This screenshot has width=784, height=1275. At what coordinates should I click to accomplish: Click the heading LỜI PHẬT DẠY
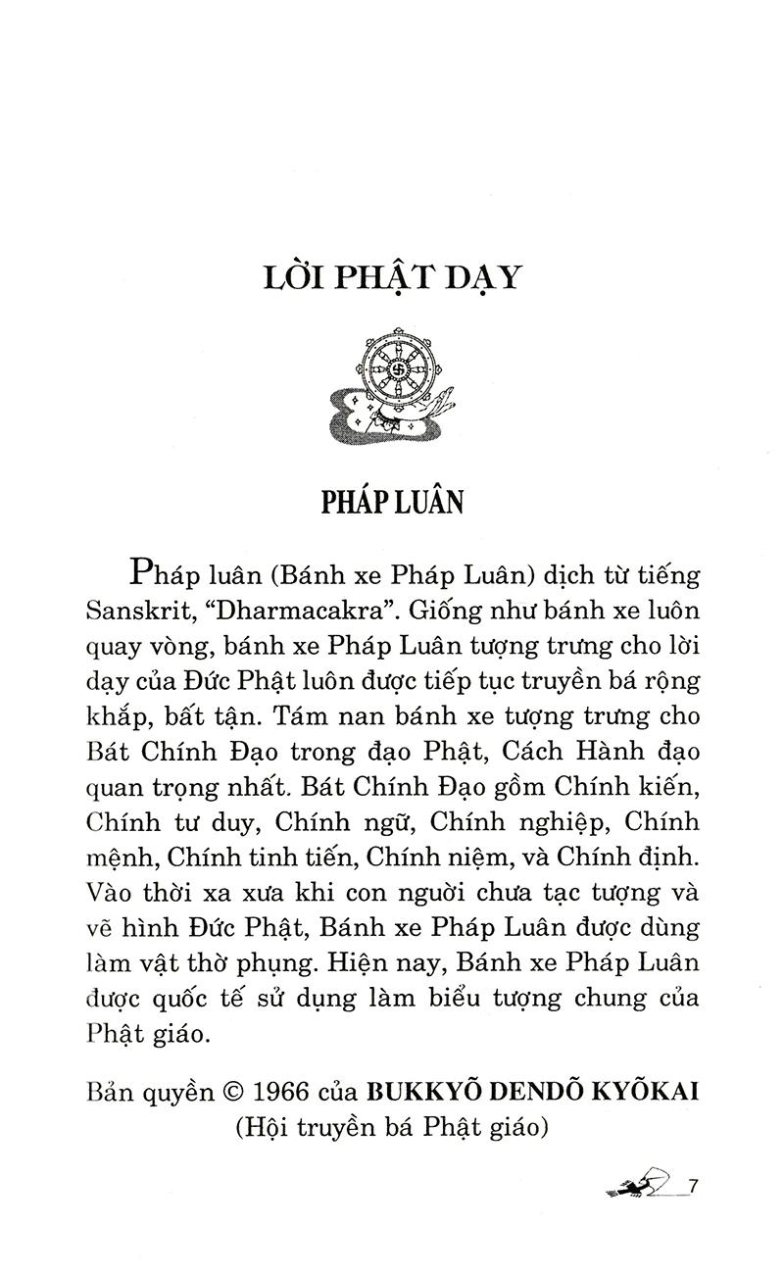[x=391, y=277]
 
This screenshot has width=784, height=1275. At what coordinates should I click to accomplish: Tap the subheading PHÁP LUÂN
[x=392, y=501]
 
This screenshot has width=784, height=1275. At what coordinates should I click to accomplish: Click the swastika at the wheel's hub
[x=399, y=372]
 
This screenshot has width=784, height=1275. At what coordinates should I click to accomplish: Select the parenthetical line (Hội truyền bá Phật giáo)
[x=390, y=1127]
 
